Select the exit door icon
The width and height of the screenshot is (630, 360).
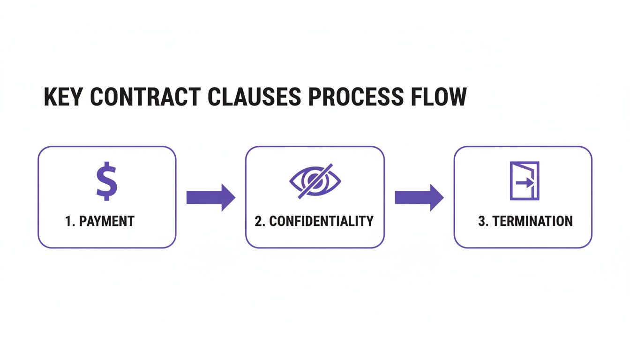point(524,181)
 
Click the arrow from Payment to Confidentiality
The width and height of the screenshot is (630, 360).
point(210,197)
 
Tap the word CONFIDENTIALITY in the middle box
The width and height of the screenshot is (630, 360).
point(321,221)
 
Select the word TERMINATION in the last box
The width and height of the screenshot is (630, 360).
point(532,221)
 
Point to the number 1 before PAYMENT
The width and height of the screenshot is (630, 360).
point(68,221)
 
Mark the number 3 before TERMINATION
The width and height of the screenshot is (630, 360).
point(481,221)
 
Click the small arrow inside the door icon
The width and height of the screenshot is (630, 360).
point(526,184)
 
